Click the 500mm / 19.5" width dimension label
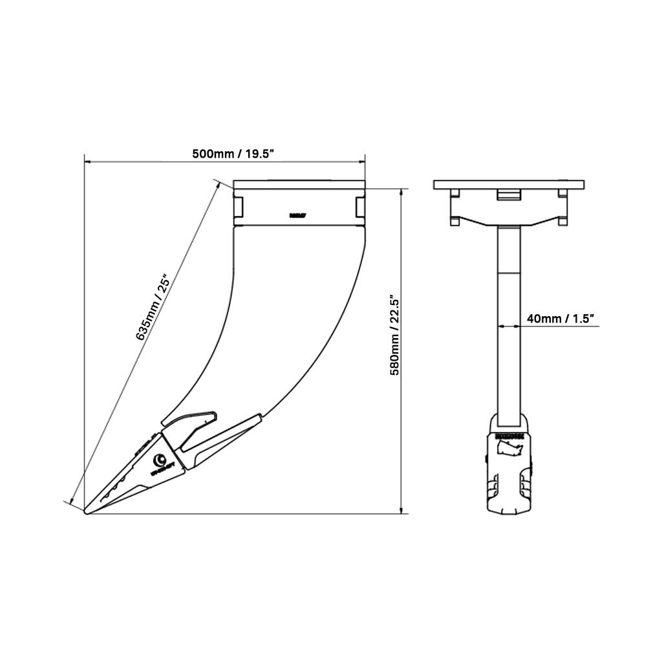[x=233, y=154]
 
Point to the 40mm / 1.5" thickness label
[x=561, y=319]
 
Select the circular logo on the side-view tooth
[x=158, y=460]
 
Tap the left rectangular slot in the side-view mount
[x=238, y=206]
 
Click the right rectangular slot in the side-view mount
[x=360, y=206]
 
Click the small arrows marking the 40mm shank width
[x=508, y=326]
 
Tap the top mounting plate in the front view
[x=509, y=185]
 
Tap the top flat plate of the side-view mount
[x=299, y=184]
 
